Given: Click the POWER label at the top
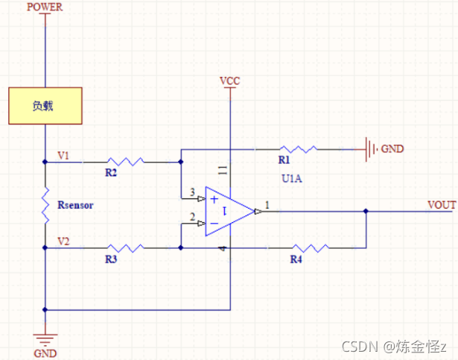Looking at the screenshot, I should (45, 7).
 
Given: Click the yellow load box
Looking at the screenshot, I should (45, 106).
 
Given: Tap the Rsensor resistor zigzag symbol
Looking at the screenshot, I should (45, 205).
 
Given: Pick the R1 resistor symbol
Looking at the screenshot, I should (297, 149).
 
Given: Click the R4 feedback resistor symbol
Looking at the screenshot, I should (308, 248).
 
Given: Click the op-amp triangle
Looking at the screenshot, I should (228, 212).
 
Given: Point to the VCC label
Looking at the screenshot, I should (230, 80).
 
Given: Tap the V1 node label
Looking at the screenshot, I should (64, 156).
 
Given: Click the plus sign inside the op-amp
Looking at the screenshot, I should (214, 200).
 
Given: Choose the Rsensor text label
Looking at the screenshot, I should (75, 205).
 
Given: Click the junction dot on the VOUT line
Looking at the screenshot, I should (366, 212).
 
